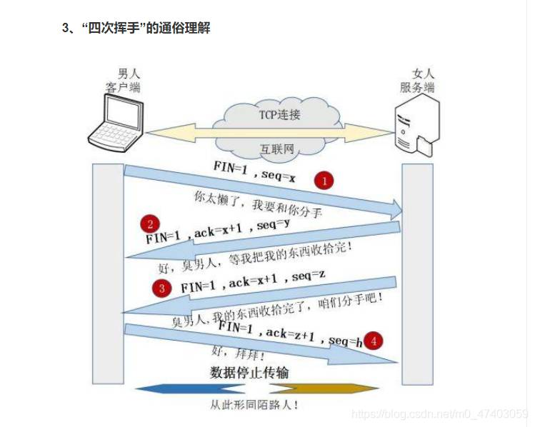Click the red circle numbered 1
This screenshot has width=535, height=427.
click(325, 181)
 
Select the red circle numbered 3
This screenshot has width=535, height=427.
click(163, 288)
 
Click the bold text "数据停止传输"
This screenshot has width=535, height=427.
click(249, 373)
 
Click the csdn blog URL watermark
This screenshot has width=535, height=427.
click(441, 413)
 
